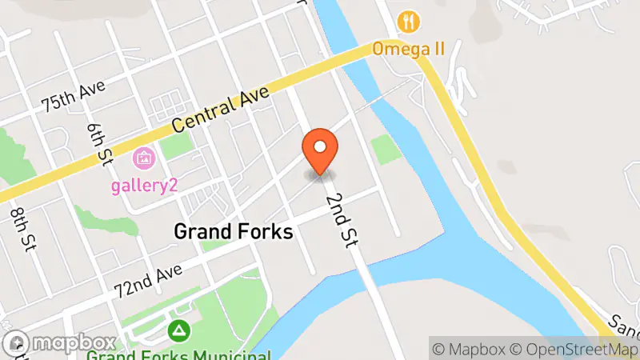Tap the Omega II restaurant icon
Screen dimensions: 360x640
click(410, 20)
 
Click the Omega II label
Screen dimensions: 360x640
click(419, 49)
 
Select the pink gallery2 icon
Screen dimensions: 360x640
click(144, 158)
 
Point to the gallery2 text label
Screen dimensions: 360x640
click(144, 185)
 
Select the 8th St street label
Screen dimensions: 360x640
click(19, 227)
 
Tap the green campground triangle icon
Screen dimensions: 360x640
click(179, 329)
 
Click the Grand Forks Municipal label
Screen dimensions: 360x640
click(179, 353)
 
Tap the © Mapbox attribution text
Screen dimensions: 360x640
click(470, 349)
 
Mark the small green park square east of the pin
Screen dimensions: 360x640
click(387, 150)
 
